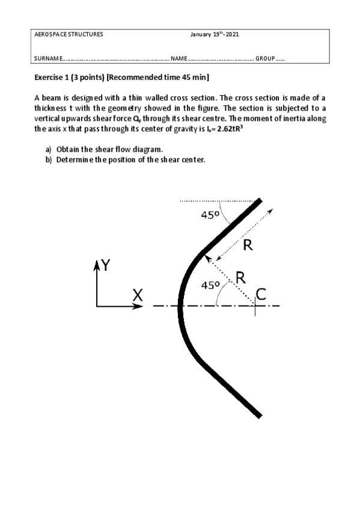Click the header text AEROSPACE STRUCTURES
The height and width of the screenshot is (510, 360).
pos(69,34)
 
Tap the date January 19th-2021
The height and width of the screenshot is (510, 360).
pos(215,34)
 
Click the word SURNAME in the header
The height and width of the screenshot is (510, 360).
pos(49,59)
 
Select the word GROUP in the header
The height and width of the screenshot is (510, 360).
pos(265,59)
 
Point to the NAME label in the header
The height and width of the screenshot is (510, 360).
pos(179,59)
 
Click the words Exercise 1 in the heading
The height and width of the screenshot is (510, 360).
pos(52,78)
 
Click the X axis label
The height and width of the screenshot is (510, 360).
pos(138,295)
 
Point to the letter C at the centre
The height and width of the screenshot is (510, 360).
pos(261,293)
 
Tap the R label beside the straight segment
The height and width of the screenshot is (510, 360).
pos(248,245)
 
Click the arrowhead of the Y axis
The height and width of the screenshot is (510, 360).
pos(96,265)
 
